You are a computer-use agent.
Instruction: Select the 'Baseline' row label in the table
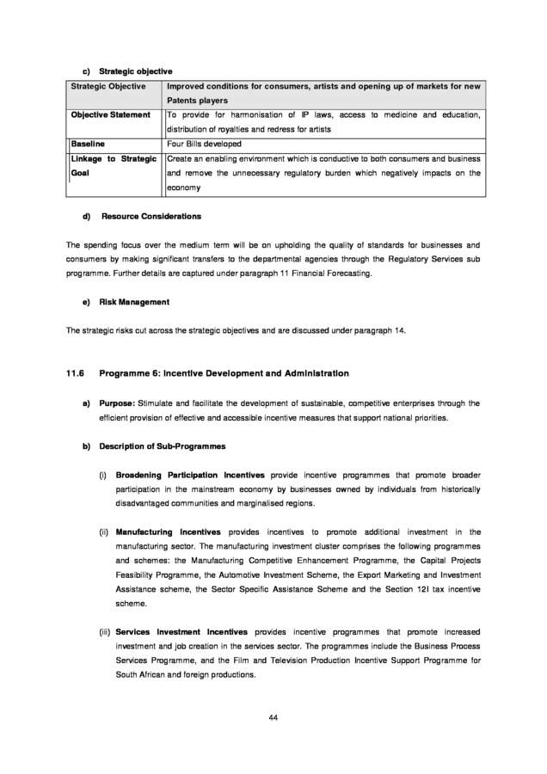click(88, 144)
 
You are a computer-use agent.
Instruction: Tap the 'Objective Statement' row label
click(110, 114)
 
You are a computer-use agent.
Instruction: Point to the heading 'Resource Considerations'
click(151, 216)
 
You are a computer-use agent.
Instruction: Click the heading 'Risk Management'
click(134, 302)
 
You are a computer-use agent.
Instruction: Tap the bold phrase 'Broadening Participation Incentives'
click(190, 475)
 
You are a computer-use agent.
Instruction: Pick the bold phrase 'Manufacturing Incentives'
click(168, 532)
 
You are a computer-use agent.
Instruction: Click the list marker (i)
click(102, 475)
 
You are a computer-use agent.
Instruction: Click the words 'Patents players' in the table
click(197, 101)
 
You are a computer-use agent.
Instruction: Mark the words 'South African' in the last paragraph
click(142, 675)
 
